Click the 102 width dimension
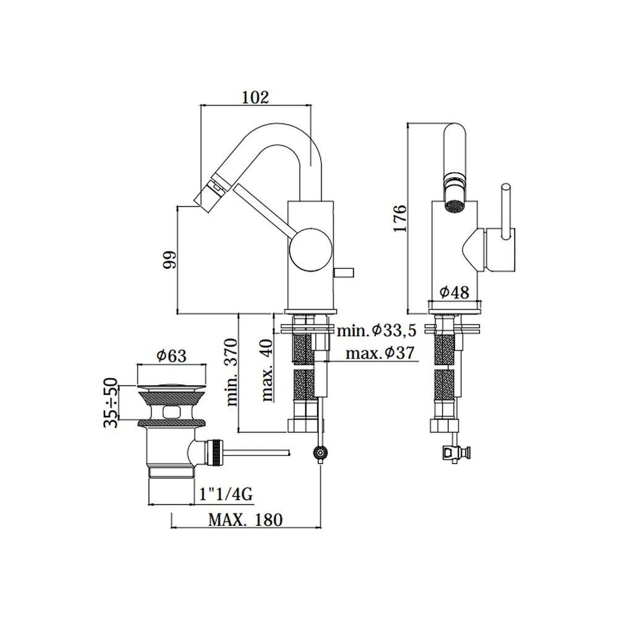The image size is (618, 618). pos(255,98)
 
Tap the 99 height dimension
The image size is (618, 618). pos(170,260)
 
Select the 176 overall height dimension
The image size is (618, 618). pos(400,218)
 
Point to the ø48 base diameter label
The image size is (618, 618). pos(454,292)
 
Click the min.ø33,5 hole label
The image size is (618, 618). pos(377,330)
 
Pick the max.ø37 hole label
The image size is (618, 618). pos(380,352)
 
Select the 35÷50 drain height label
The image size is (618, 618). pos(111,402)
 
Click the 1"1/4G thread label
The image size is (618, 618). pos(226,494)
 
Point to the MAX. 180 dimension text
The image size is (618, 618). pos(245,520)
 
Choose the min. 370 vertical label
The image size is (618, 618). pos(232,372)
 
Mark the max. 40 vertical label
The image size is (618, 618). pos(268,370)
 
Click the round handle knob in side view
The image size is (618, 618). pos(311,250)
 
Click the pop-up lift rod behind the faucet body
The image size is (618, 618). pos(344,273)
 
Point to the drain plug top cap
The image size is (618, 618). pos(171,387)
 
